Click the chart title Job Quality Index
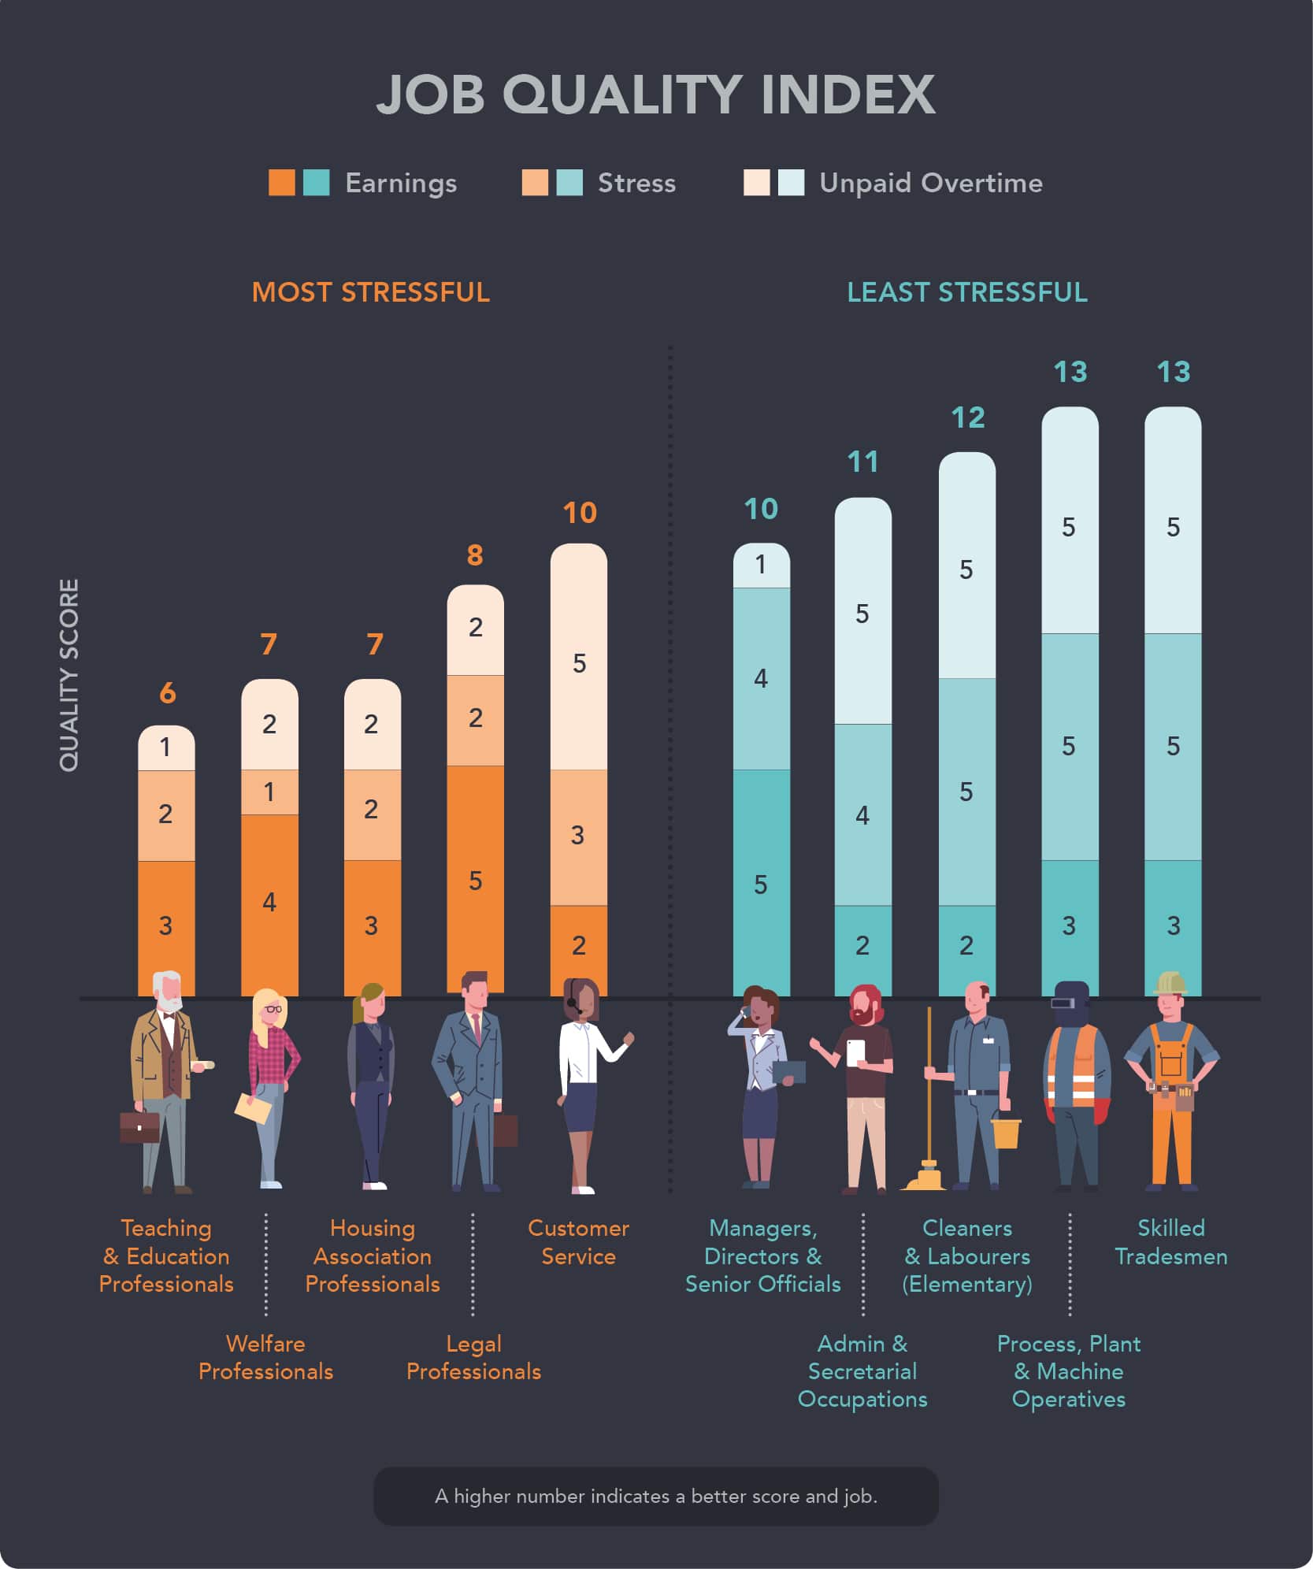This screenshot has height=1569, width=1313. click(655, 95)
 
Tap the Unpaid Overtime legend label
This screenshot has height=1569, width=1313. click(930, 183)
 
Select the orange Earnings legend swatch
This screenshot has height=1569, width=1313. click(281, 183)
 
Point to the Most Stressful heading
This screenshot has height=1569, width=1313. click(370, 292)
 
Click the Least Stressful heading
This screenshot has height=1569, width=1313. click(966, 292)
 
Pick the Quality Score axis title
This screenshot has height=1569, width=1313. click(69, 675)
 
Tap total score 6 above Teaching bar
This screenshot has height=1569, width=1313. click(167, 693)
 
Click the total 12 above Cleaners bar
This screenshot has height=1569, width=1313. click(967, 417)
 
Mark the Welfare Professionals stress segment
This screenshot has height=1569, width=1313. click(269, 792)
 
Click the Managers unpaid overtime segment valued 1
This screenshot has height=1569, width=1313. click(761, 566)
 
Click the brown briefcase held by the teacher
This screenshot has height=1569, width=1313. click(139, 1126)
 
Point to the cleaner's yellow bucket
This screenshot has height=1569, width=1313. click(1006, 1133)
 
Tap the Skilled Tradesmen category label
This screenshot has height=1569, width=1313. click(1170, 1241)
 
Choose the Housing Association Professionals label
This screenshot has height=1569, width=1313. click(372, 1256)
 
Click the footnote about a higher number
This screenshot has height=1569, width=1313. click(655, 1496)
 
